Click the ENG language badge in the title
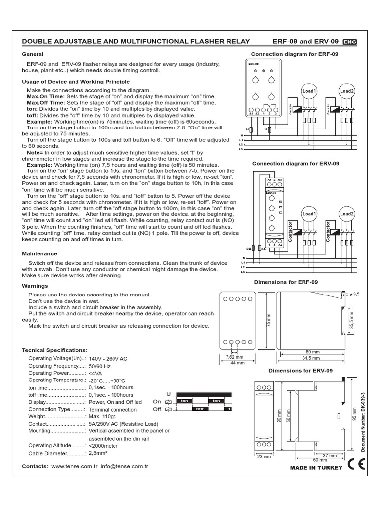(x=349, y=42)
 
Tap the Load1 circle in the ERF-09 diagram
(x=309, y=91)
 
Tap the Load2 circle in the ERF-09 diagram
(x=347, y=91)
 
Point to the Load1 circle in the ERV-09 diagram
(x=309, y=214)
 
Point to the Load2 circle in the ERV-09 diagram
(x=347, y=214)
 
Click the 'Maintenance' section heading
(x=40, y=253)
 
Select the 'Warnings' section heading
(x=36, y=286)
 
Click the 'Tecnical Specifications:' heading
(x=55, y=350)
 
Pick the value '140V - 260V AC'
(x=108, y=358)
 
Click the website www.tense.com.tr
(x=74, y=466)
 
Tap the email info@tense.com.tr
(x=124, y=466)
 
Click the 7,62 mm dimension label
(x=235, y=357)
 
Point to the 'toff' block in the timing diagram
(x=200, y=409)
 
